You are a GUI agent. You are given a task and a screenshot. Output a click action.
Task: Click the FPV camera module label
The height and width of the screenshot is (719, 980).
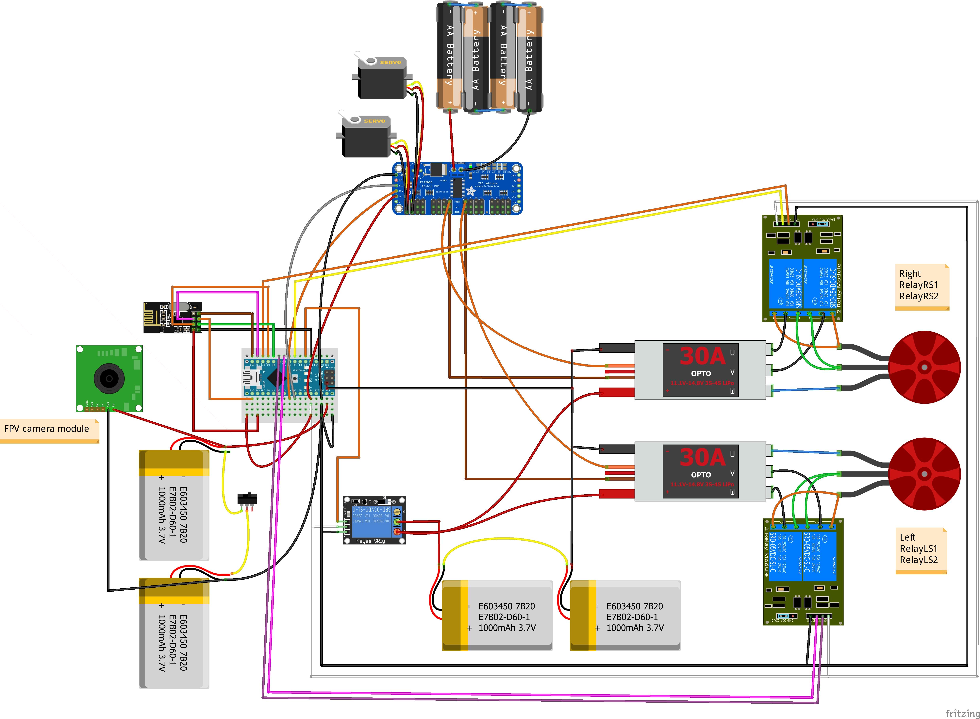pyautogui.click(x=47, y=429)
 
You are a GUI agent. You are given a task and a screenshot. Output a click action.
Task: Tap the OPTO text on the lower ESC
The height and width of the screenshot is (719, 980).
pyautogui.click(x=701, y=475)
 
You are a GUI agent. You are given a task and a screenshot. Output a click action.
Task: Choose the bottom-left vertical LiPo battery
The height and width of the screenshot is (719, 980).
pyautogui.click(x=174, y=633)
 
